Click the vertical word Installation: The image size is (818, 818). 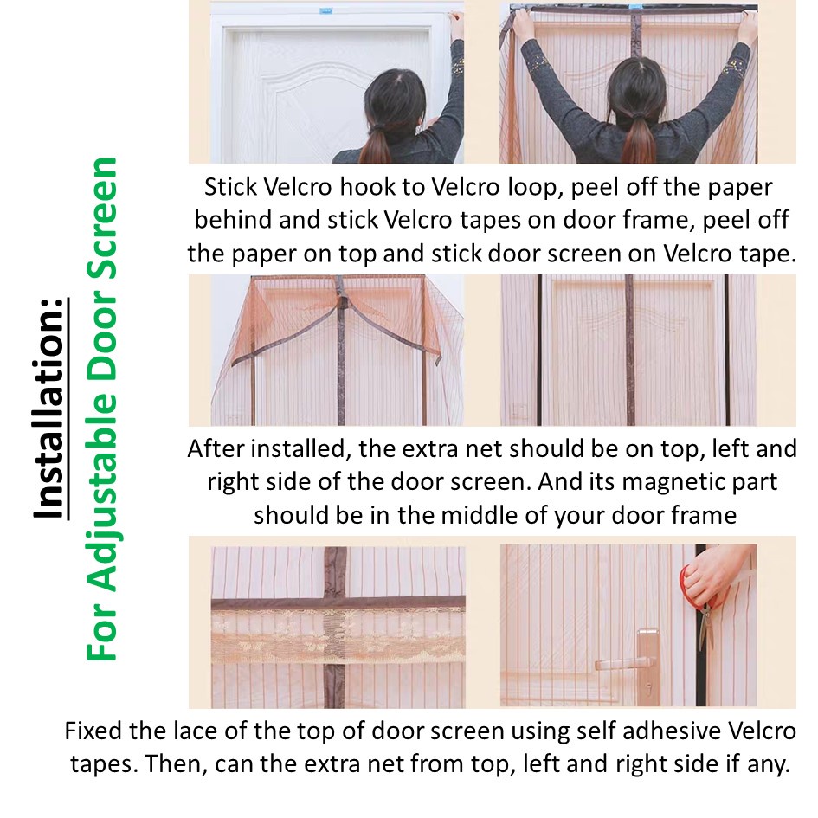(50, 409)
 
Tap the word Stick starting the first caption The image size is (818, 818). (229, 188)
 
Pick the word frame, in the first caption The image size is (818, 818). (646, 220)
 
